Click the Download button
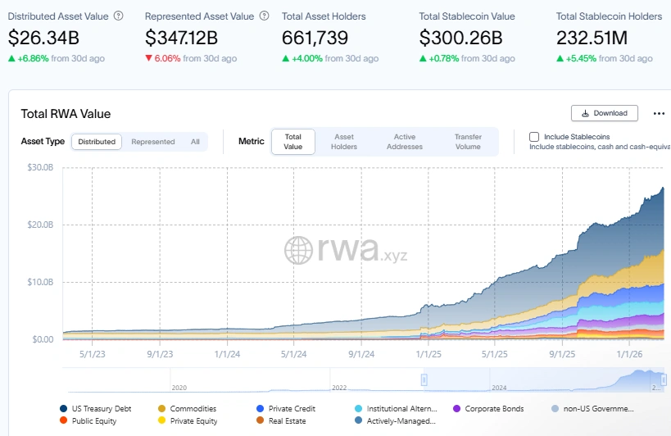pos(604,113)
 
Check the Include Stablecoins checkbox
pos(534,137)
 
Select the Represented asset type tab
pos(153,142)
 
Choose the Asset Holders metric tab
pos(344,142)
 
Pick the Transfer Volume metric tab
pos(468,142)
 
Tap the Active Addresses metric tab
pos(405,142)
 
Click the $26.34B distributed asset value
pos(45,38)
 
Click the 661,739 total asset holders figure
pos(315,38)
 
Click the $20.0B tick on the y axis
pos(41,225)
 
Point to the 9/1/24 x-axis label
pos(360,354)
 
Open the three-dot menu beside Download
pos(659,113)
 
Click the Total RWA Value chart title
pos(66,114)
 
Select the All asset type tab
pos(195,142)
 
